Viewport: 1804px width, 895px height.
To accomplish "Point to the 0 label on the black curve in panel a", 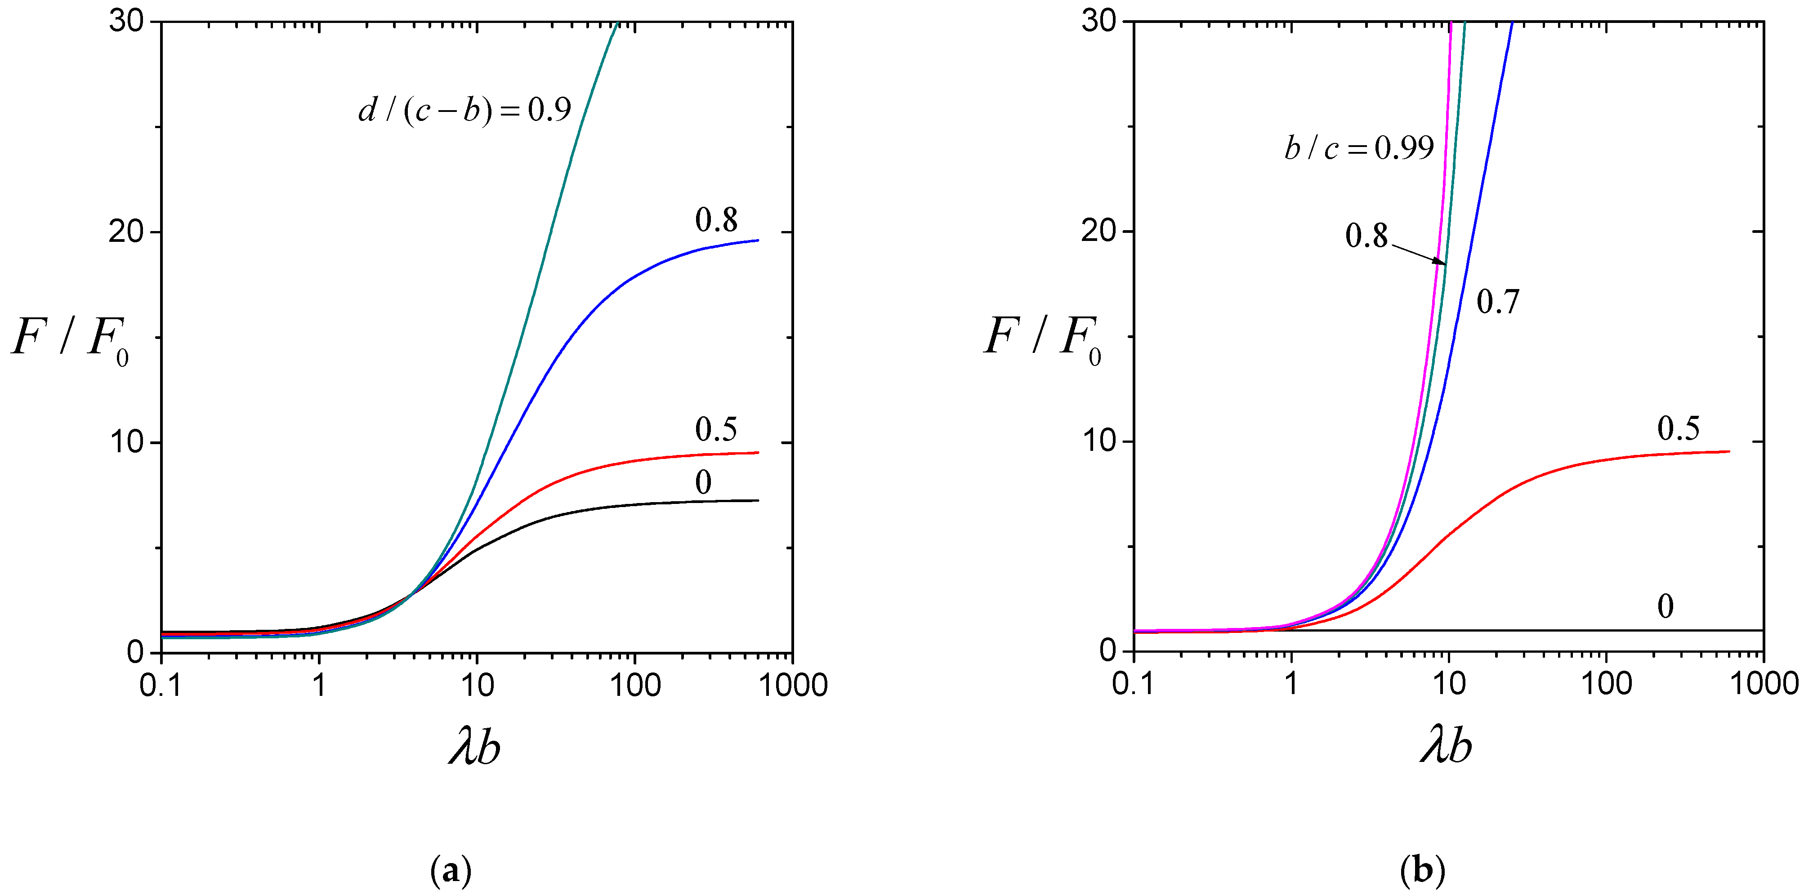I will click(703, 482).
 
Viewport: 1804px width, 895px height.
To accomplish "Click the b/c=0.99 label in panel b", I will click(1358, 148).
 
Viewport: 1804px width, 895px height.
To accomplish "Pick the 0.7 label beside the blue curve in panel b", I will click(1498, 302).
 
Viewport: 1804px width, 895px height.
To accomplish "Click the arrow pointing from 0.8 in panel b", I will click(1419, 254).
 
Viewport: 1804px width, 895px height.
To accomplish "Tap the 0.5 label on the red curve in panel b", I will click(1678, 428).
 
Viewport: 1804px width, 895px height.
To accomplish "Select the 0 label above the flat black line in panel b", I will click(1666, 606).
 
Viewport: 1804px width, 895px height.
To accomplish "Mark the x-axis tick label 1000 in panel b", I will click(1764, 684).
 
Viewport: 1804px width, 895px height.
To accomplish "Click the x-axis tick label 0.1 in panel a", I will click(161, 685).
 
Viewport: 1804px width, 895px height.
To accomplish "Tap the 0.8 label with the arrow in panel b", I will click(1366, 236).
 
